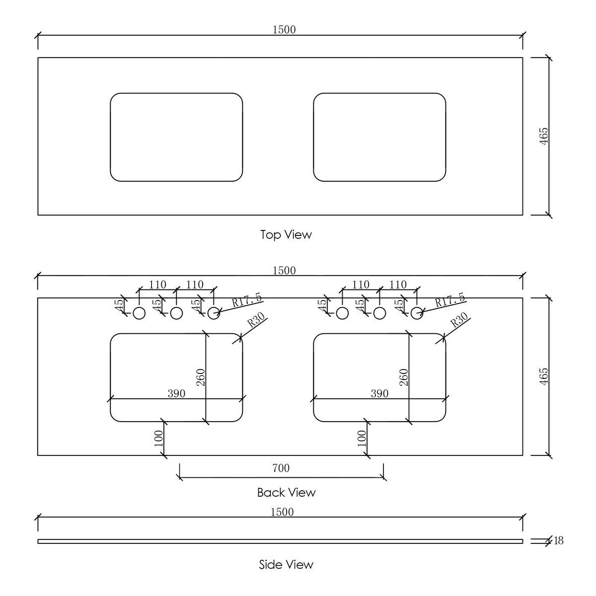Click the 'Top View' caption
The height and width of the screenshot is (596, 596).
[286, 234]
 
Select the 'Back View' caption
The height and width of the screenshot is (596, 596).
[287, 492]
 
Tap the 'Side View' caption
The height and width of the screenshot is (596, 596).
[286, 564]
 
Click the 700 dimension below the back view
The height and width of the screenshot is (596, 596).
[281, 468]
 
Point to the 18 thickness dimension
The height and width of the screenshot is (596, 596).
[558, 540]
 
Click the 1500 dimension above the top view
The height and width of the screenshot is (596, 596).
[284, 30]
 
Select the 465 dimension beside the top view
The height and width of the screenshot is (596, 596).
[543, 136]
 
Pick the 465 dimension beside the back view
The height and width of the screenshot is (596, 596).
[543, 376]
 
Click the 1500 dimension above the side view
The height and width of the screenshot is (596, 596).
[282, 512]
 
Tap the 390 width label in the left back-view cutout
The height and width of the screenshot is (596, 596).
[176, 393]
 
